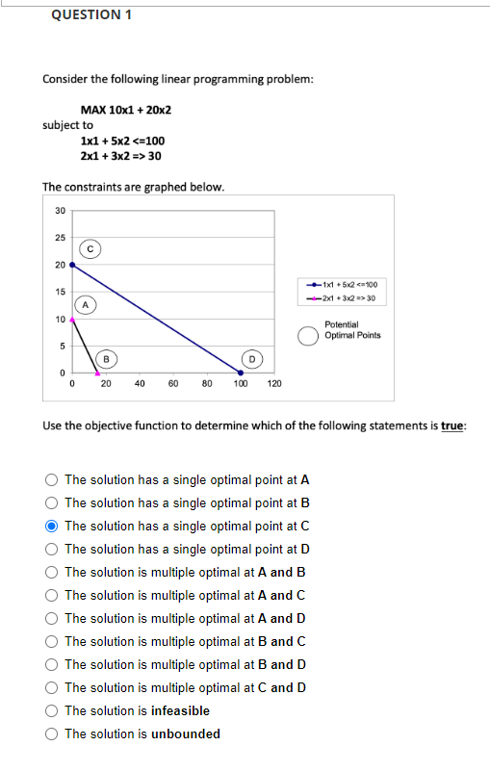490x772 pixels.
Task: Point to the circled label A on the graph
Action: pos(86,305)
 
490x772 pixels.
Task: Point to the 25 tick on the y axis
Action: pos(60,238)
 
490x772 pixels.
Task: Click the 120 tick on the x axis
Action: pos(273,383)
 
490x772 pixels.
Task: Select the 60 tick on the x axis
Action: pos(172,383)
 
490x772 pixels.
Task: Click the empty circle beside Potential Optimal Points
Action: pos(307,336)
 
